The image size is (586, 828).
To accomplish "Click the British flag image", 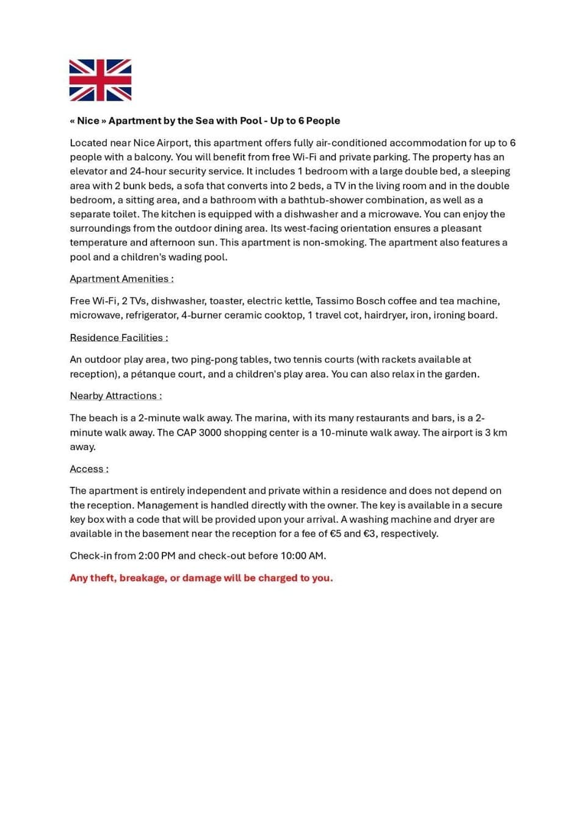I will tap(100, 80).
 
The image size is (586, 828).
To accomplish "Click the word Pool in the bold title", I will tap(250, 121).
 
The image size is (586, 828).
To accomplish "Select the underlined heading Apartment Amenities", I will tap(121, 279).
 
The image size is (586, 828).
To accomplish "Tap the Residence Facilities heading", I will tap(118, 337).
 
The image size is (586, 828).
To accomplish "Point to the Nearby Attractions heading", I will tap(115, 396).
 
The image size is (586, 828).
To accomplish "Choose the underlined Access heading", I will tap(89, 469).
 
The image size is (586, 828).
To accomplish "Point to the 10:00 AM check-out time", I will tap(303, 556).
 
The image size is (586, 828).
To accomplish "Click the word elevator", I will tap(89, 171).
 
